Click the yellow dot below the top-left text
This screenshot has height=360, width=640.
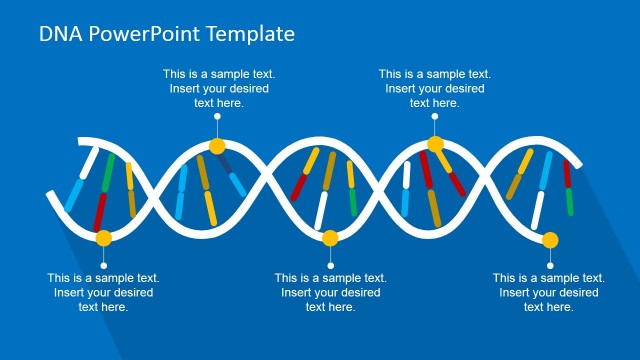click(217, 146)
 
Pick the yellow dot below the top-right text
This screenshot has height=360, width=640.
click(435, 145)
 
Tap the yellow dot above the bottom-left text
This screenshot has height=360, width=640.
click(103, 238)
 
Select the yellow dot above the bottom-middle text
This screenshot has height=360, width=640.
click(331, 238)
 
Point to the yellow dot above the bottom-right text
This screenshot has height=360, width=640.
click(549, 239)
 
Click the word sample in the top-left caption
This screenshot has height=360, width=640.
click(224, 74)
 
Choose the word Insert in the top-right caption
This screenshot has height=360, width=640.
click(402, 88)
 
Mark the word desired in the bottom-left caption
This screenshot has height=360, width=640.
click(129, 293)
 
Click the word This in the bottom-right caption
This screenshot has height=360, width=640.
click(505, 278)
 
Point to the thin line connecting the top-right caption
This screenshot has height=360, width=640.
click(435, 125)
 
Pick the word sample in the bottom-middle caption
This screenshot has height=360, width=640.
click(336, 278)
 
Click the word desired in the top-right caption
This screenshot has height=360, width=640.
click(463, 88)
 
